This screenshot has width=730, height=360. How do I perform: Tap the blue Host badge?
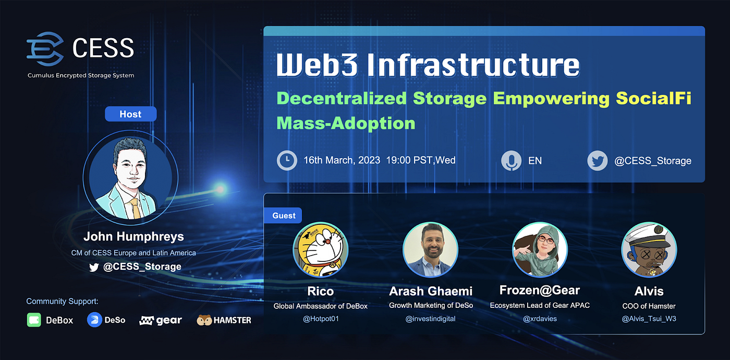tap(130, 114)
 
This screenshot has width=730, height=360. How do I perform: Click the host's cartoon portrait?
tap(130, 174)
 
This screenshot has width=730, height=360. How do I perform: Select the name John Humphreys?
tap(133, 236)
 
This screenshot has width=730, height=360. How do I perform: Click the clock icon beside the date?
tap(287, 160)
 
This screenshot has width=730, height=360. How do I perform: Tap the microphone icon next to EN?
tap(511, 160)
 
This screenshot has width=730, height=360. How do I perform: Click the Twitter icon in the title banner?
tap(597, 161)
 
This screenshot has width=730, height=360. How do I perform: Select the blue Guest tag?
tap(284, 215)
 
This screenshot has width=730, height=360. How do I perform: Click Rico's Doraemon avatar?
tap(320, 249)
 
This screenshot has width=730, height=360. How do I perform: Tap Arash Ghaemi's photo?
tap(430, 249)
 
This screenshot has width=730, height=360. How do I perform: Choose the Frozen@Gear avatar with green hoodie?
tap(540, 249)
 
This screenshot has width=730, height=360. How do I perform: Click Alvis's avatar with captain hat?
tap(649, 249)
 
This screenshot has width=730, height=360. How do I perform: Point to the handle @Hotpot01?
tap(321, 318)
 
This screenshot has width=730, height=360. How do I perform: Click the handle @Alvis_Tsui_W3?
tap(649, 318)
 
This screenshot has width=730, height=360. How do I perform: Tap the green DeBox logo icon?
tap(34, 320)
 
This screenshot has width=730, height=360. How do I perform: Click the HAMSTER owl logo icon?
tap(204, 320)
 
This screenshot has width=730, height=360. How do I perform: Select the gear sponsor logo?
tap(161, 320)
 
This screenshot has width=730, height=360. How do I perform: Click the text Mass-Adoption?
tap(346, 123)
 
